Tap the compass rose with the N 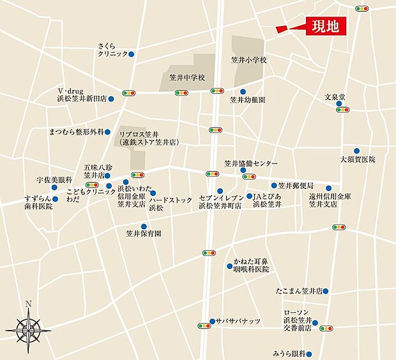[x=28, y=327]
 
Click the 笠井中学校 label [x=187, y=78]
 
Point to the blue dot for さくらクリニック [x=131, y=54]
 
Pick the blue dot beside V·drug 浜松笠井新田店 [x=111, y=99]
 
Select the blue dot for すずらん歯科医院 [x=56, y=199]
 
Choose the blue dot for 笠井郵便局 [x=274, y=185]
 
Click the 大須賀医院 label [x=358, y=160]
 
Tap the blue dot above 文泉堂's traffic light [x=339, y=103]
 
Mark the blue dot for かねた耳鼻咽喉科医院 [x=229, y=265]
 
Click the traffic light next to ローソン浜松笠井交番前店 [x=326, y=328]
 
